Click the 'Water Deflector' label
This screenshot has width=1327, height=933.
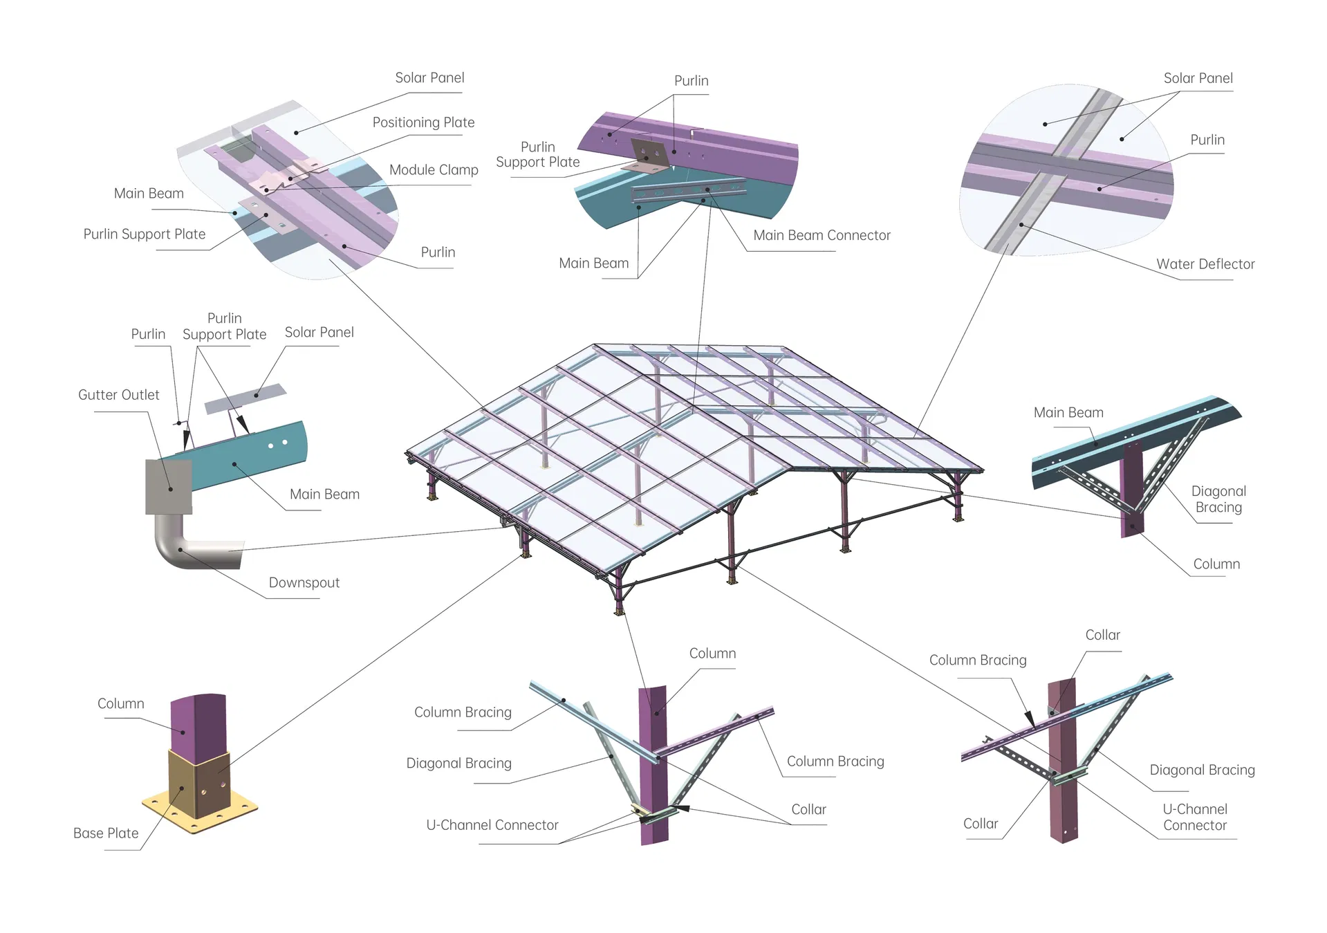pyautogui.click(x=1205, y=264)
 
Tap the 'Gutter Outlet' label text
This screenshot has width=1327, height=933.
pyautogui.click(x=118, y=395)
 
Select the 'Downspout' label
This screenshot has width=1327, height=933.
pyautogui.click(x=304, y=582)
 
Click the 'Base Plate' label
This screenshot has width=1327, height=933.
pyautogui.click(x=106, y=833)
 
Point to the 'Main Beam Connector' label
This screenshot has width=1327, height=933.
pyautogui.click(x=822, y=235)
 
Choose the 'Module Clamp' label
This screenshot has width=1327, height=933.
pyautogui.click(x=434, y=170)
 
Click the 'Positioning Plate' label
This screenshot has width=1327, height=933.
pyautogui.click(x=423, y=122)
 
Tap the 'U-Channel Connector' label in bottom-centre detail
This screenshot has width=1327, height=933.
pyautogui.click(x=492, y=824)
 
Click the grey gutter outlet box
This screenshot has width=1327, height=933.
pyautogui.click(x=168, y=487)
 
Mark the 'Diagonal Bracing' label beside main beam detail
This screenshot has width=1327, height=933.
pyautogui.click(x=1218, y=499)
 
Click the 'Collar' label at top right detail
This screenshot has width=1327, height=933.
pyautogui.click(x=1102, y=635)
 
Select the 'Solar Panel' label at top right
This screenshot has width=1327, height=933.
pyautogui.click(x=1198, y=78)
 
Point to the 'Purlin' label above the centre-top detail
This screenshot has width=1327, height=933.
pyautogui.click(x=691, y=81)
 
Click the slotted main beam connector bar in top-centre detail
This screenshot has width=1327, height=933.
pyautogui.click(x=689, y=191)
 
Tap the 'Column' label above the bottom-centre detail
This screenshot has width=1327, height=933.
pyautogui.click(x=712, y=654)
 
